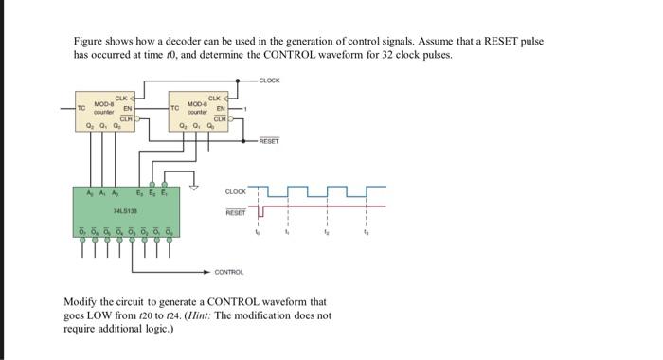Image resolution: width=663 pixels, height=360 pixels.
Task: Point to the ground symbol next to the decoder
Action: click(x=196, y=187)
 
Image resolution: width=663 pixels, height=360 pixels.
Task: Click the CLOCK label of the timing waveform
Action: click(x=236, y=192)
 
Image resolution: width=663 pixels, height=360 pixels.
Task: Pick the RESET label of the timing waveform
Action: click(x=236, y=213)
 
